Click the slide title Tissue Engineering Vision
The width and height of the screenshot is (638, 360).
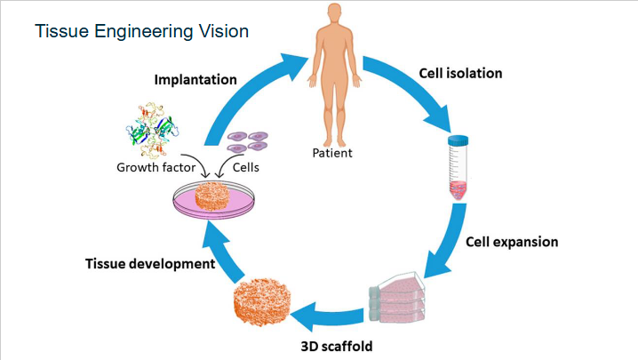tap(141, 31)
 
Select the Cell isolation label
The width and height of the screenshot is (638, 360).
tap(459, 73)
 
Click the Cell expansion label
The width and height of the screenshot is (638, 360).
tap(512, 241)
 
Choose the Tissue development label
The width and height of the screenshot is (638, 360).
tap(150, 264)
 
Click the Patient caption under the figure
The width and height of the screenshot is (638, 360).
tap(331, 153)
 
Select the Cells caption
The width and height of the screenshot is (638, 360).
tap(246, 166)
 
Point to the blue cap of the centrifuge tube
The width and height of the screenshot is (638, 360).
tap(458, 140)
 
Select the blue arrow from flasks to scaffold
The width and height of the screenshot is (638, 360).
tap(329, 312)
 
